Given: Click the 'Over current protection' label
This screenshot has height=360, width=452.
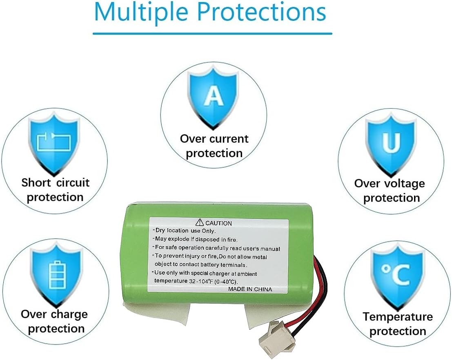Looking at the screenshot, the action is [x=214, y=146].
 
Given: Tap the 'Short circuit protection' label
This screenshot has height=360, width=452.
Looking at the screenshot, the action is [x=55, y=189].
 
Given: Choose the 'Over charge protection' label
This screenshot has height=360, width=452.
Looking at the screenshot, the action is [x=55, y=321].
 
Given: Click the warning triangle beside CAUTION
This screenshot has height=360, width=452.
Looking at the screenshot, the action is [x=199, y=222].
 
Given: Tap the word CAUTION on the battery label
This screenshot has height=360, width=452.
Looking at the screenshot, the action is [x=218, y=223].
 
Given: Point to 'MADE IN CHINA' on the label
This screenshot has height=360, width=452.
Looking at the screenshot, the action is [x=250, y=289].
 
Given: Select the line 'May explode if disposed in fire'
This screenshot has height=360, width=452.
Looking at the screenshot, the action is [x=196, y=239].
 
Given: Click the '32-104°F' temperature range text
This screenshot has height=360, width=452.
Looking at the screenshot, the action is [x=201, y=281].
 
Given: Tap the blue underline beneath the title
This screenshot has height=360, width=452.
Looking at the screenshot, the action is [x=212, y=33].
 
